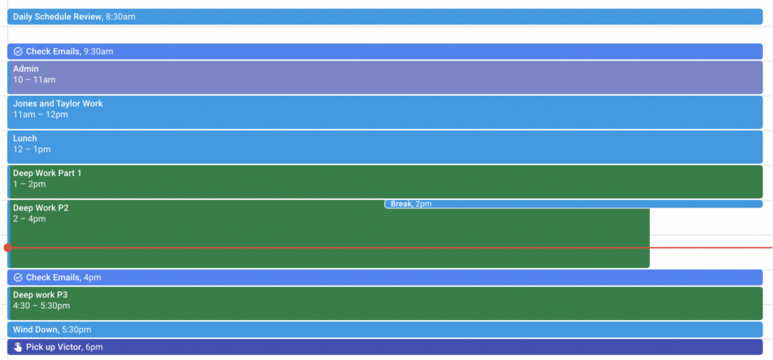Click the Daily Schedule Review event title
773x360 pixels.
click(x=57, y=17)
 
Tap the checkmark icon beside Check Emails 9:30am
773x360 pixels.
click(x=18, y=51)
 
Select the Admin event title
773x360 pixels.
click(x=26, y=69)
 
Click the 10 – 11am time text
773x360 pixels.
click(x=34, y=80)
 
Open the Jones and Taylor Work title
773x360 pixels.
click(x=57, y=103)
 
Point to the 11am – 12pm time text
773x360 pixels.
click(x=41, y=115)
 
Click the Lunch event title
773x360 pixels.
click(x=25, y=139)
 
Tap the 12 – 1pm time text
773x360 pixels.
click(x=32, y=149)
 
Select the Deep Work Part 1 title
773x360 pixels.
click(x=48, y=173)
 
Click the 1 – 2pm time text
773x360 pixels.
click(x=29, y=184)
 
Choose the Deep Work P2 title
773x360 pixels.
click(x=41, y=208)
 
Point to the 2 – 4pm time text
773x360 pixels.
click(x=29, y=219)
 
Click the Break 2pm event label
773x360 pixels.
click(x=411, y=204)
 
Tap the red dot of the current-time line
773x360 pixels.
click(x=8, y=248)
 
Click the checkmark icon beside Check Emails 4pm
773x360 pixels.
click(x=18, y=278)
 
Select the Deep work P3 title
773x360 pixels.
click(x=41, y=295)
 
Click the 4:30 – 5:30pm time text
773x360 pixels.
click(x=42, y=306)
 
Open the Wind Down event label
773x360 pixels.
click(x=52, y=329)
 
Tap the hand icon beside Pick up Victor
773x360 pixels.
click(x=18, y=347)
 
